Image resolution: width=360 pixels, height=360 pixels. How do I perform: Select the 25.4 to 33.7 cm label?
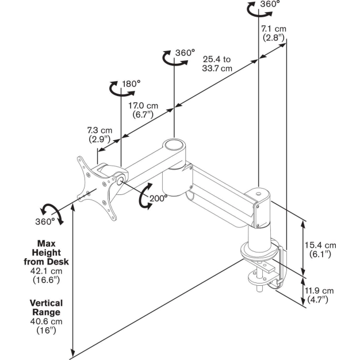coord(217,63)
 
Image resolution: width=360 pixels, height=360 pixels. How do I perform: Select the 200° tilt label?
coord(159,197)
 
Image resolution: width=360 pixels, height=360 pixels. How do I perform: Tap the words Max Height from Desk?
coord(47,252)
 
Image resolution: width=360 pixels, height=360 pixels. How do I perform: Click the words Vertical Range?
coord(46,307)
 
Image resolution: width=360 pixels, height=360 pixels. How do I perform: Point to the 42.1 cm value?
coord(46,271)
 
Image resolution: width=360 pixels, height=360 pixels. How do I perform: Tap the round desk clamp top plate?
coord(261,251)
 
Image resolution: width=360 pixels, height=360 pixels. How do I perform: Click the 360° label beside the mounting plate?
coord(45,220)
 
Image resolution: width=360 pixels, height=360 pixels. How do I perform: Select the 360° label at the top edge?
coord(270,4)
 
